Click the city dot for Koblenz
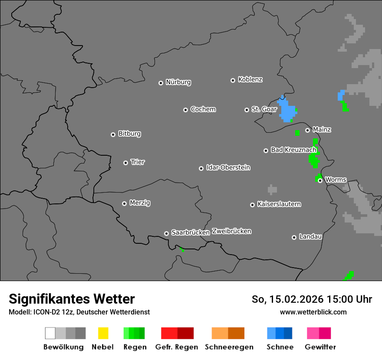tap(233, 80)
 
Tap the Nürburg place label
tap(178, 82)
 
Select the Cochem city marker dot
tap(185, 110)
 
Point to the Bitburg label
tap(129, 134)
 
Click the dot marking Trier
tap(126, 163)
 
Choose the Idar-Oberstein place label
tap(228, 167)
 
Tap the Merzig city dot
tap(125, 203)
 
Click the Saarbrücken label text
tap(190, 232)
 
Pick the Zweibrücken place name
tap(232, 231)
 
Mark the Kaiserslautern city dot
tap(253, 205)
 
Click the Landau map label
tap(310, 236)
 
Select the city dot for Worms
tap(320, 180)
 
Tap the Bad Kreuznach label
tap(293, 150)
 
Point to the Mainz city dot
tap(308, 130)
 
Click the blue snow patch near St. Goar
tap(287, 110)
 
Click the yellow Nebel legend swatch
tap(103, 333)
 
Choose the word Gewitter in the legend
tap(320, 347)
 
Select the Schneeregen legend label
tap(229, 347)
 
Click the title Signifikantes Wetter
tap(72, 299)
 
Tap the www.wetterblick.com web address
tap(313, 312)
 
